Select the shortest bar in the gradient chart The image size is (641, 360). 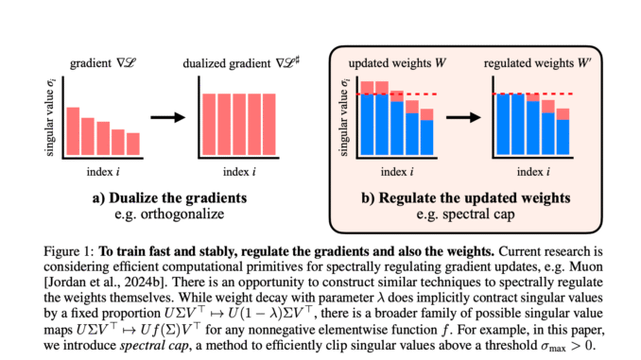click(x=132, y=144)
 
